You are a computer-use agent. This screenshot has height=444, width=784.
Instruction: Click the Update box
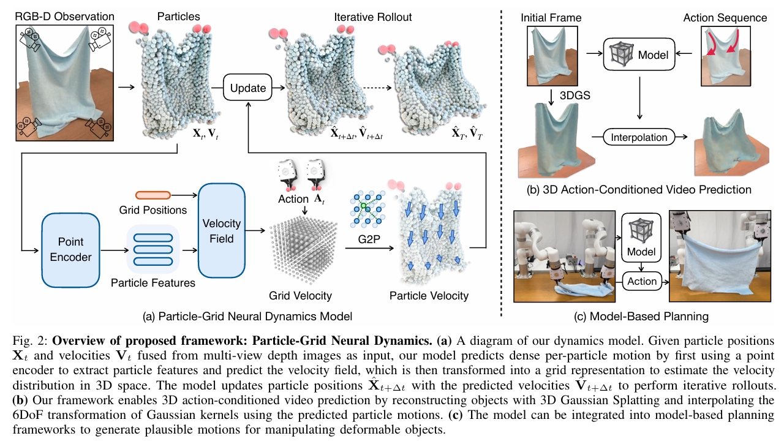[248, 88]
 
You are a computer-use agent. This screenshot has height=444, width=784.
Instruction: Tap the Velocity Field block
[222, 230]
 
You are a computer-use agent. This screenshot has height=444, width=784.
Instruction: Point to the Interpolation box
[639, 137]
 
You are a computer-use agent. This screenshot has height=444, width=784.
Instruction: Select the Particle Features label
[153, 283]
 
